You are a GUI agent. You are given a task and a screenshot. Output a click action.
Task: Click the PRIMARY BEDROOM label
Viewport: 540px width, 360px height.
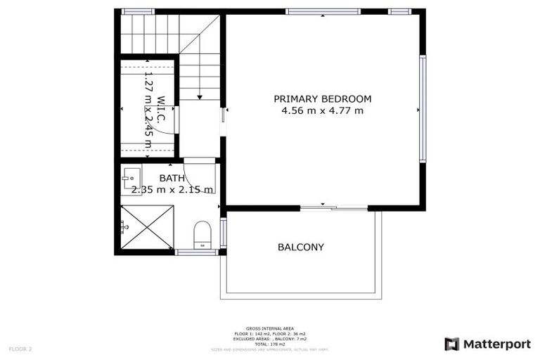coord(323,99)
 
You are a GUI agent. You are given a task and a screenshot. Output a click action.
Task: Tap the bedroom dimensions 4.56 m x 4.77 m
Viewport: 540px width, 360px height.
coord(323,110)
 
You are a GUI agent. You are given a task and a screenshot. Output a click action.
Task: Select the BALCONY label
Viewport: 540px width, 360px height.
coord(301,247)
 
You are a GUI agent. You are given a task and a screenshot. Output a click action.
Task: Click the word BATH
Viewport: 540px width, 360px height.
coord(172,179)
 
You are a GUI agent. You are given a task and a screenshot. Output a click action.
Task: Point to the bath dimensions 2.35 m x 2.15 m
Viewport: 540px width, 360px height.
coord(172,190)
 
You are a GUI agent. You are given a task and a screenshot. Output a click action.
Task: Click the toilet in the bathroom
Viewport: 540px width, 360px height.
coord(202,233)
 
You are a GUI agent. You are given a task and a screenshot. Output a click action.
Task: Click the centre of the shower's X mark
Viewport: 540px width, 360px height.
coord(147,226)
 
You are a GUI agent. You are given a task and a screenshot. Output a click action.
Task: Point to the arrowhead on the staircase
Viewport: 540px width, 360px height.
coord(200,96)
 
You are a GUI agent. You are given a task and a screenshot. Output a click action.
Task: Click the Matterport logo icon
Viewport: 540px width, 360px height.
coord(452,344)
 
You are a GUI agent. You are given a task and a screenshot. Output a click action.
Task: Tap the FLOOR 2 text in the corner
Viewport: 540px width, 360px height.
coord(20,349)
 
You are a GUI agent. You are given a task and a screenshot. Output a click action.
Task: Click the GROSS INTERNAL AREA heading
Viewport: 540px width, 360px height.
coord(270,328)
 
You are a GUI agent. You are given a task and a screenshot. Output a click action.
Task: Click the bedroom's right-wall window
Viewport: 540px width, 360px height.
coord(423,109)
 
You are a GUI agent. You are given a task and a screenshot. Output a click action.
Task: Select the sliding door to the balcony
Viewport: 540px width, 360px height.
coord(333,207)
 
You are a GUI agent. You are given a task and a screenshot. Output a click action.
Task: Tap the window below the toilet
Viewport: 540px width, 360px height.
coord(197,252)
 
